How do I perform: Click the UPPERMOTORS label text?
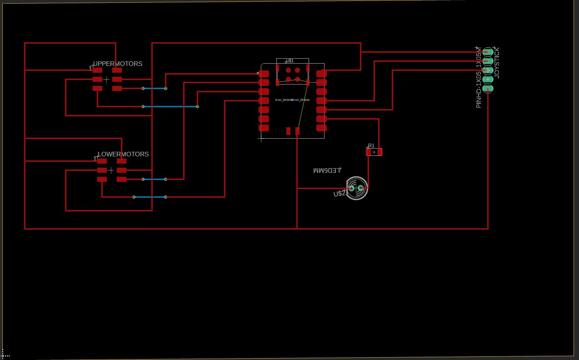[118, 64]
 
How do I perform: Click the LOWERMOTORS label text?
[123, 154]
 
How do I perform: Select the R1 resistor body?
[374, 152]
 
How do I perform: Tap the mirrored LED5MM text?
[327, 170]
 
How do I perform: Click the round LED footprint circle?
[356, 188]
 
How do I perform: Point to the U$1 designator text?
[290, 60]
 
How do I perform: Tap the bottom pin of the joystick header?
[488, 89]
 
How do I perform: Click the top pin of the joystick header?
[488, 52]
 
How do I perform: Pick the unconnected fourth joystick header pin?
[488, 80]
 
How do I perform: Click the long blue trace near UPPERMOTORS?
[170, 106]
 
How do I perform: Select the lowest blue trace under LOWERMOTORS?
[150, 197]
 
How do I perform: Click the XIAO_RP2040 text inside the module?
[292, 100]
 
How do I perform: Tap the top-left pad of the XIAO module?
[264, 74]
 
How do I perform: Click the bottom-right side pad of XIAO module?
[321, 128]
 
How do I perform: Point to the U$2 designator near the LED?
[339, 194]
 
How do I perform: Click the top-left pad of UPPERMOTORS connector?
[97, 70]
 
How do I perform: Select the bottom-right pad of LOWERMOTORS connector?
[121, 179]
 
